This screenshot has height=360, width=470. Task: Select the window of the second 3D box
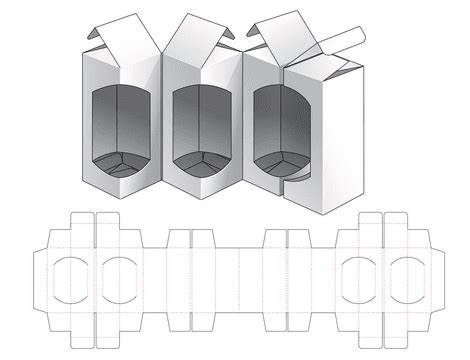(205, 125)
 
